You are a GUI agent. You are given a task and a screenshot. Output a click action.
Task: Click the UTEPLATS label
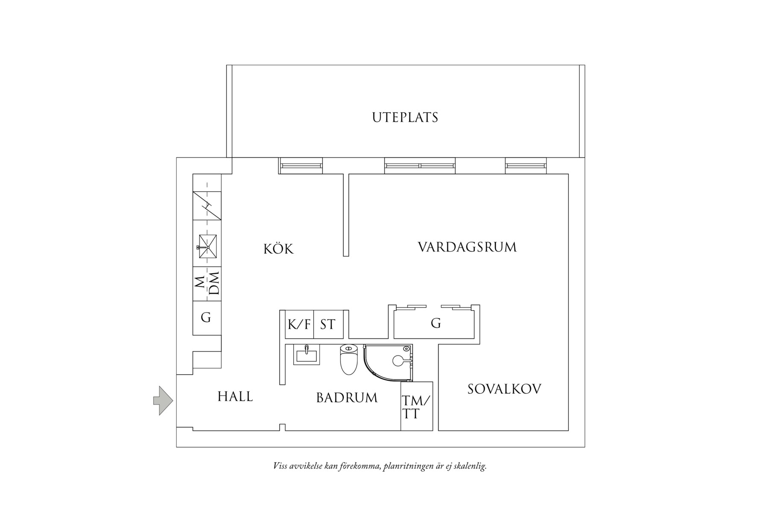click(x=405, y=117)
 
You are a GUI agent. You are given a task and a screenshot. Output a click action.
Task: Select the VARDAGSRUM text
click(x=467, y=247)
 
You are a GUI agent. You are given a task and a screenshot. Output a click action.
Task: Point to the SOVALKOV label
click(x=504, y=389)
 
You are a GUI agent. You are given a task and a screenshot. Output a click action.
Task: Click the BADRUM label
click(x=347, y=398)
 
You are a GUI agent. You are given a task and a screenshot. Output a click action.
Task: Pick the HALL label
click(x=235, y=397)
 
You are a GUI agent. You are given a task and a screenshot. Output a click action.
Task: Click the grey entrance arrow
click(x=163, y=401)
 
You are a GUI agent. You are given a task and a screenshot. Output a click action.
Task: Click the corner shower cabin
click(x=388, y=363)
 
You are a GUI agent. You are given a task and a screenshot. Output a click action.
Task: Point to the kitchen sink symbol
click(x=207, y=247)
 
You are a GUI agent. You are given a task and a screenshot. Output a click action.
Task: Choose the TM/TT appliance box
click(x=417, y=406)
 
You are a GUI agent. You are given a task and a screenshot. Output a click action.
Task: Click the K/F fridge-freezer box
click(x=299, y=325)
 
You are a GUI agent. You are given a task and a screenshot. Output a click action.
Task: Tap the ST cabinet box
click(x=329, y=325)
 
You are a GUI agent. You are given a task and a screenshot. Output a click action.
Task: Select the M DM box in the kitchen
click(x=207, y=284)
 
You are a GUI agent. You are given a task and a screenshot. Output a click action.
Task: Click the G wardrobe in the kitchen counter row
click(x=207, y=318)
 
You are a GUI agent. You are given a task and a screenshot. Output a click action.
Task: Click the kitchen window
click(x=301, y=165)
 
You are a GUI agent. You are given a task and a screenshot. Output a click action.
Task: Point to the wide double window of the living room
click(x=420, y=165)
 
